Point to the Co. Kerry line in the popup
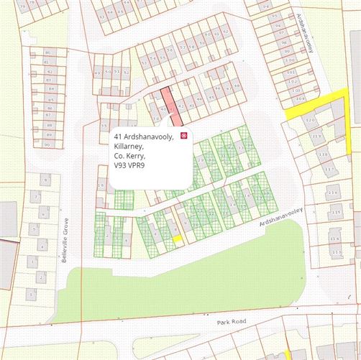(129, 156)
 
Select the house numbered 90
(47, 144)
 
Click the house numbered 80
(48, 52)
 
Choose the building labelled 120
(311, 119)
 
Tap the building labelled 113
(335, 253)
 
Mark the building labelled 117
(329, 170)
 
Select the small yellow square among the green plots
(176, 239)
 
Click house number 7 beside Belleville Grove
(36, 197)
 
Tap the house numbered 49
(98, 73)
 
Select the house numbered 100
(289, 63)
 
